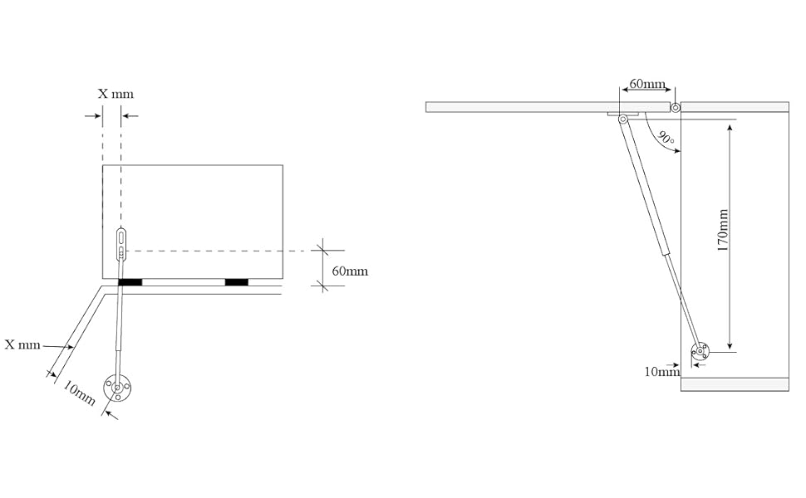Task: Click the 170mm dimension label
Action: (x=723, y=230)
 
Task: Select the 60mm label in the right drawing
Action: (x=647, y=85)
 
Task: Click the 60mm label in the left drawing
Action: (x=350, y=271)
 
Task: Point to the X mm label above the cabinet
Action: (x=115, y=94)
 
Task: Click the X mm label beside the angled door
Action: (x=22, y=344)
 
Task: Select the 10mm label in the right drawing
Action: (x=661, y=371)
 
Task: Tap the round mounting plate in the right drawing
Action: (x=700, y=352)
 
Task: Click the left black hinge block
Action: (x=130, y=282)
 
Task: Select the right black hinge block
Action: (x=236, y=282)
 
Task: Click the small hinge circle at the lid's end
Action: (x=676, y=107)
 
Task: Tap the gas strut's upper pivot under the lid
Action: (x=622, y=120)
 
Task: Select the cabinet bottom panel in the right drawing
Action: (x=734, y=384)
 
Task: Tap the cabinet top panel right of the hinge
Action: (x=735, y=107)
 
